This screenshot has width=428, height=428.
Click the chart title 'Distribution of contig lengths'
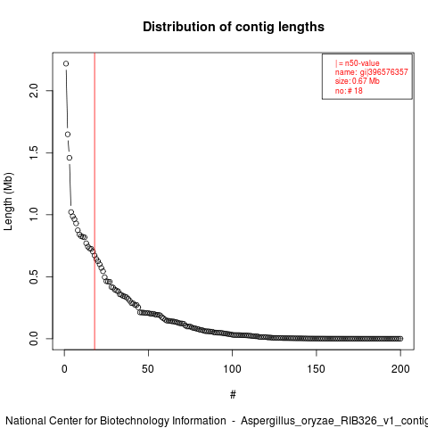coord(234,27)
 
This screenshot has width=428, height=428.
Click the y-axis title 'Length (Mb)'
coord(8,202)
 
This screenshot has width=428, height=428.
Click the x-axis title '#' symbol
coord(233,395)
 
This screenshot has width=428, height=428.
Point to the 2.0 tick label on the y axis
coord(34,91)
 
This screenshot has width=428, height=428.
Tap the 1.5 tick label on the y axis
coord(34,152)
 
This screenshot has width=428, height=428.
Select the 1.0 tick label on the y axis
coord(34,214)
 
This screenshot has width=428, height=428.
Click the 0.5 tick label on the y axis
coord(34,276)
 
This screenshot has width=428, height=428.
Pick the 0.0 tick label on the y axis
coord(34,338)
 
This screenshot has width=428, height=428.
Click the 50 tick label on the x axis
coord(148,369)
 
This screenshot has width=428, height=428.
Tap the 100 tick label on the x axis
coord(232,369)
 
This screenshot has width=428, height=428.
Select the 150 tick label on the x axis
coord(317,369)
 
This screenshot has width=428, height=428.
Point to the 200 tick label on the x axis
coord(400,369)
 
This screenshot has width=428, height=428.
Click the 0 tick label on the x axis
coord(64,369)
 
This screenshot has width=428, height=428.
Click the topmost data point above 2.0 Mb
coord(66,63)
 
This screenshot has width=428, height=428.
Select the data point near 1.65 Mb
coord(68,135)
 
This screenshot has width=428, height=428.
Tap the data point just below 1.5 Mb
coord(70,158)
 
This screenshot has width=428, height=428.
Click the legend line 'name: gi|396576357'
coord(372,72)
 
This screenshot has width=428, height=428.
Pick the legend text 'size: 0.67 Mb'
coord(358,81)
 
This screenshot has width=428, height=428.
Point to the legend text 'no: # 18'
coord(349,91)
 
